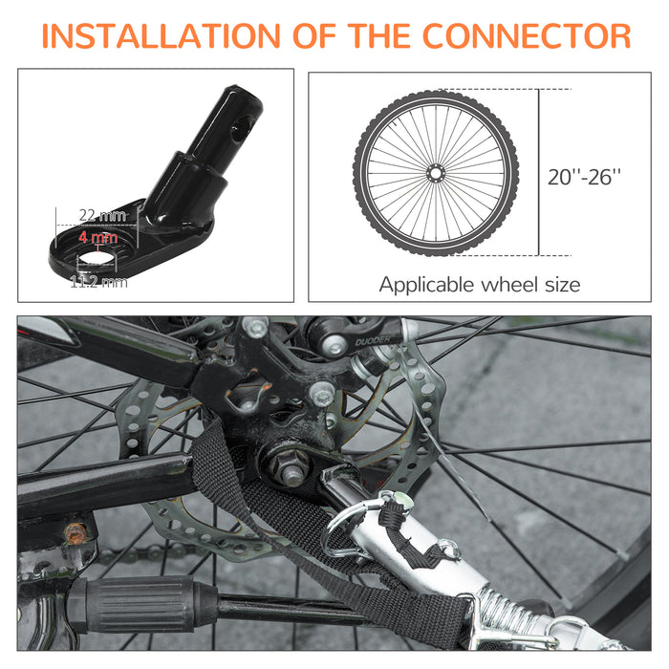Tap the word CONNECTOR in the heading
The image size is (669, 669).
point(527,36)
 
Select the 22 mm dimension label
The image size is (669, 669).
point(103,216)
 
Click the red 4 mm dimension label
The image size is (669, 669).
point(97,237)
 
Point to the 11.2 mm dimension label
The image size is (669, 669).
point(98,282)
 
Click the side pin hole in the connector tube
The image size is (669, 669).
point(242,130)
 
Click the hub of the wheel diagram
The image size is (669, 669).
point(435,173)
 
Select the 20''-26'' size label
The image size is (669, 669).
point(584,176)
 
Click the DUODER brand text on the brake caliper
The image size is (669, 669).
point(373,341)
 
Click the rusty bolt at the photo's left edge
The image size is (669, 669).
point(76,532)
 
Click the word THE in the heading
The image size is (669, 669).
point(378,36)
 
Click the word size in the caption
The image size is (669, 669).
point(562,284)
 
